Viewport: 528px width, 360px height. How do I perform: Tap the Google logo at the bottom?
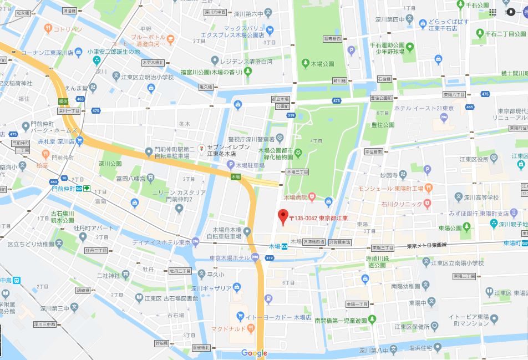(255, 353)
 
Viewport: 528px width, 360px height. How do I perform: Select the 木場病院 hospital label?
(296, 197)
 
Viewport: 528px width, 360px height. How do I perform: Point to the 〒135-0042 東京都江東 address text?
(318, 218)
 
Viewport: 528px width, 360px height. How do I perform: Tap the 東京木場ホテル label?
(230, 257)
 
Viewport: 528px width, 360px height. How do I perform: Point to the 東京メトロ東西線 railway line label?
(427, 246)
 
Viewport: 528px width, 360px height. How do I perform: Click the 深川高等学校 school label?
(482, 197)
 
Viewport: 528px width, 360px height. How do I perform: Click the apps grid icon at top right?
(493, 12)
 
